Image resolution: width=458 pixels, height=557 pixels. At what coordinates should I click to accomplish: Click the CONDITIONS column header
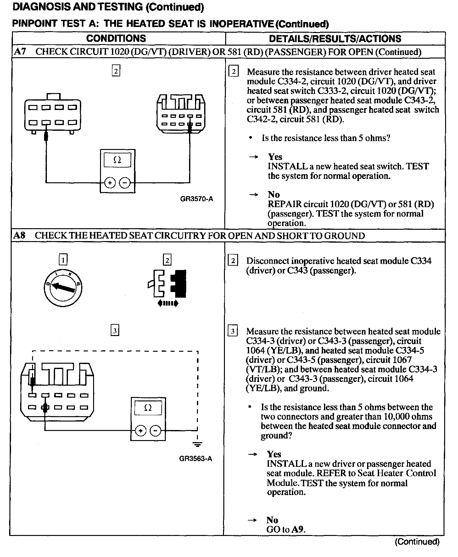coord(116,38)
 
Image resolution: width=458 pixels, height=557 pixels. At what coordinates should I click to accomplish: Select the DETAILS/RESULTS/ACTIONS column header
coord(335,39)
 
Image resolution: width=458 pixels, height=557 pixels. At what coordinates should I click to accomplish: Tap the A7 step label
coord(20,52)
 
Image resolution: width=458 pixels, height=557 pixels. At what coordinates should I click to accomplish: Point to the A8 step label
coord(20,235)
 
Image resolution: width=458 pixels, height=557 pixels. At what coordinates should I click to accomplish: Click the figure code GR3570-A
coord(197,199)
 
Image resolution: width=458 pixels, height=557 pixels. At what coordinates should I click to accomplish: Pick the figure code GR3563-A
coord(196,459)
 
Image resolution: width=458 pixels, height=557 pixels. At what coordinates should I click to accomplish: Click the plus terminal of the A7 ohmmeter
coord(109,183)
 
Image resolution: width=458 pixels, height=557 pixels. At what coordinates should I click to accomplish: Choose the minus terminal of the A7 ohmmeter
coord(125,183)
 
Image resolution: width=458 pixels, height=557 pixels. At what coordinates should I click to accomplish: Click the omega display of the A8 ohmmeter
coord(148,408)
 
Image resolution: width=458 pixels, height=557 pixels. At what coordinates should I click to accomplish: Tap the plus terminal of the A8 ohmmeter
coord(140,431)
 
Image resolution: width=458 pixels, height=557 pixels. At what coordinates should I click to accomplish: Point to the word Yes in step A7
coord(275,157)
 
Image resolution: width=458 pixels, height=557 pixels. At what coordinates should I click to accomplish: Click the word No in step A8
coord(272,520)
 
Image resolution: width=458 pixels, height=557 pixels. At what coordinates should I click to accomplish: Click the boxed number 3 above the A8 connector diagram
coord(115,331)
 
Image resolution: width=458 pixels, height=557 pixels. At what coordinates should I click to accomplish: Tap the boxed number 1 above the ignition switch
coord(63,260)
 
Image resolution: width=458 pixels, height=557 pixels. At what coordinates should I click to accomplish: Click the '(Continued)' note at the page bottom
coord(417,542)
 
